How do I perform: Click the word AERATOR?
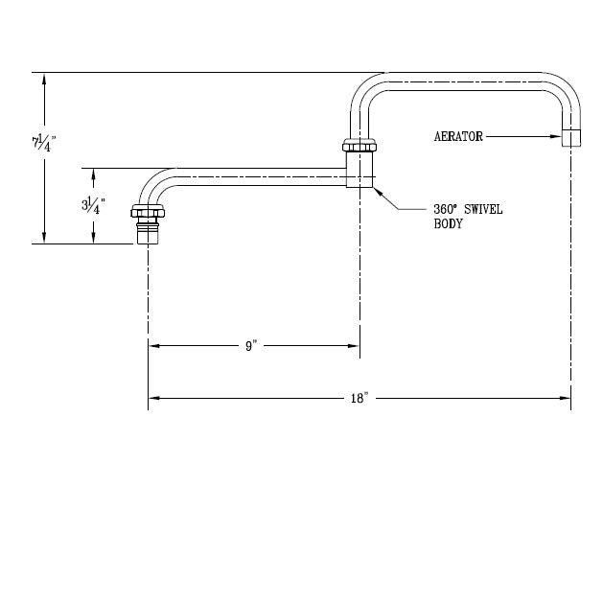pos(458,136)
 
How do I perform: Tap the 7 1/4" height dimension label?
pos(44,143)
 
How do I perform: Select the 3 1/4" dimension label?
pos(93,205)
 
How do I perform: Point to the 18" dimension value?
pos(359,398)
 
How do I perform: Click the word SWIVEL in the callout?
pos(483,210)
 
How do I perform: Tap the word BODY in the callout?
pos(448,223)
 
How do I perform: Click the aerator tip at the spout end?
pos(571,138)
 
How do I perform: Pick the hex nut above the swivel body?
pos(359,146)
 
